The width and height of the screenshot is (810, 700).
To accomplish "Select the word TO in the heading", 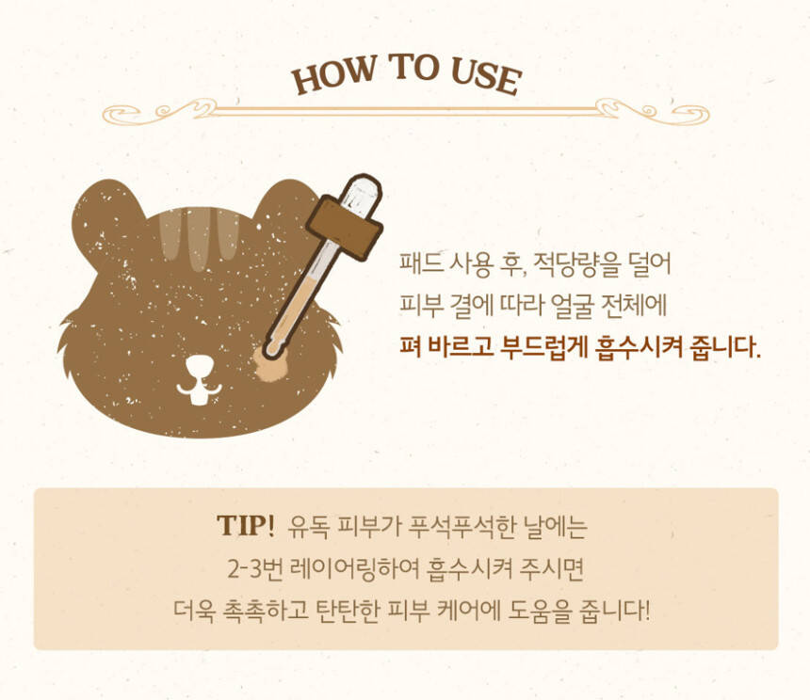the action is coord(414,67).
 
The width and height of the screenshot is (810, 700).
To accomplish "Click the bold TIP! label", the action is coord(246,526).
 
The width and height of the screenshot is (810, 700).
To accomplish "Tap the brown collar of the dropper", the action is coord(345,228).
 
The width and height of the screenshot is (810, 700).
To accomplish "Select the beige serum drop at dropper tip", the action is coord(268,365).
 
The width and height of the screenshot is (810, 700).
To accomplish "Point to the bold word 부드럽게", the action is coord(544,347).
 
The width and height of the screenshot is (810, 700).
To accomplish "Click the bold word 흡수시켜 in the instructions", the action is coord(638,347).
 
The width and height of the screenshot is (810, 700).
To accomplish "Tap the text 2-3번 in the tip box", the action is coord(254,569).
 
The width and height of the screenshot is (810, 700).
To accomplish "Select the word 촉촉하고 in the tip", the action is coord(265,611).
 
